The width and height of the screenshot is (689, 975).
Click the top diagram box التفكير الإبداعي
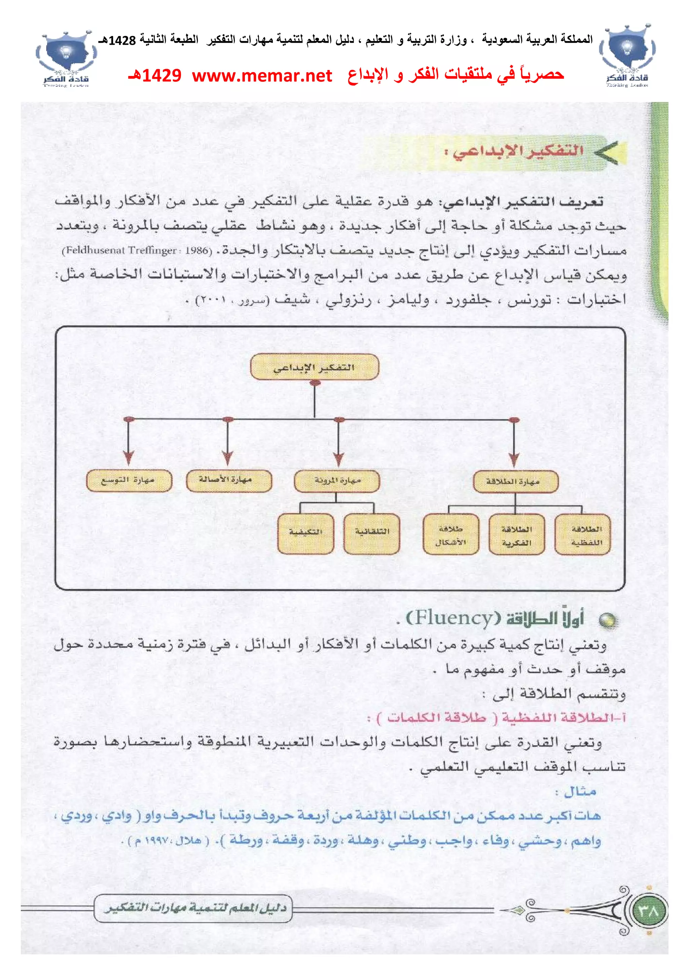click(x=314, y=367)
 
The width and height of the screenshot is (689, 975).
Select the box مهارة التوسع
click(x=129, y=480)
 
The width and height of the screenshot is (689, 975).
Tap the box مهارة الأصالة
click(x=228, y=480)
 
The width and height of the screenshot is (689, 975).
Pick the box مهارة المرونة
click(x=337, y=481)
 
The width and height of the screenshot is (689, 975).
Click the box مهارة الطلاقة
click(x=515, y=481)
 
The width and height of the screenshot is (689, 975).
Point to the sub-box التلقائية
click(x=372, y=533)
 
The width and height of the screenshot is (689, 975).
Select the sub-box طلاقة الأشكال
click(x=451, y=534)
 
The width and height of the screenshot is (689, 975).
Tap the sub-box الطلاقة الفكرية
click(x=516, y=535)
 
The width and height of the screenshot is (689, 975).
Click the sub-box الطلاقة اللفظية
click(x=582, y=535)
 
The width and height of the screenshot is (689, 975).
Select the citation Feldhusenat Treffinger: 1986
click(x=137, y=250)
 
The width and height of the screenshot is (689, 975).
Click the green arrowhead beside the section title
click(x=609, y=152)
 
